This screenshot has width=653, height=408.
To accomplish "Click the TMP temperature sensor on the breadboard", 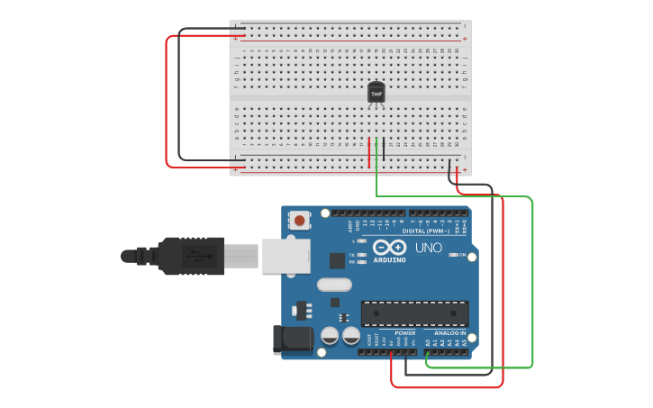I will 376,93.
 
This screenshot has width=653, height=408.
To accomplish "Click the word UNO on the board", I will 428,248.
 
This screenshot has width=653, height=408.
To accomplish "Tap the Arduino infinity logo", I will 389,247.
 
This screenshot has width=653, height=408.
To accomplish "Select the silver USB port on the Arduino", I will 286,255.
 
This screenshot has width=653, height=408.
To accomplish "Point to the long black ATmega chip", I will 414,313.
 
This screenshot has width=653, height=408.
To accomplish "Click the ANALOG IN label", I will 444,333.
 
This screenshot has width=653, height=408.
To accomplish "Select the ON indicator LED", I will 450,255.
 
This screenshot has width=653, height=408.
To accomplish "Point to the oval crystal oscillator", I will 334,285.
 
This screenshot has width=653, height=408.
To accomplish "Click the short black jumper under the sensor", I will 384,150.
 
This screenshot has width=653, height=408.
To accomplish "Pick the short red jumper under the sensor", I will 368,151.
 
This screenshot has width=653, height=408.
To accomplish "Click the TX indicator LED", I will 361,255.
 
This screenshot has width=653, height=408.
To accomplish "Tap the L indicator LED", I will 361,240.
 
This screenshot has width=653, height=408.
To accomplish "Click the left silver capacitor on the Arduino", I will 330,335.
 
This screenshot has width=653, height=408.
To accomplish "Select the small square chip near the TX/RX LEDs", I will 337,260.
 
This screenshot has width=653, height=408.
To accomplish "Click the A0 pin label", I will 428,342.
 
